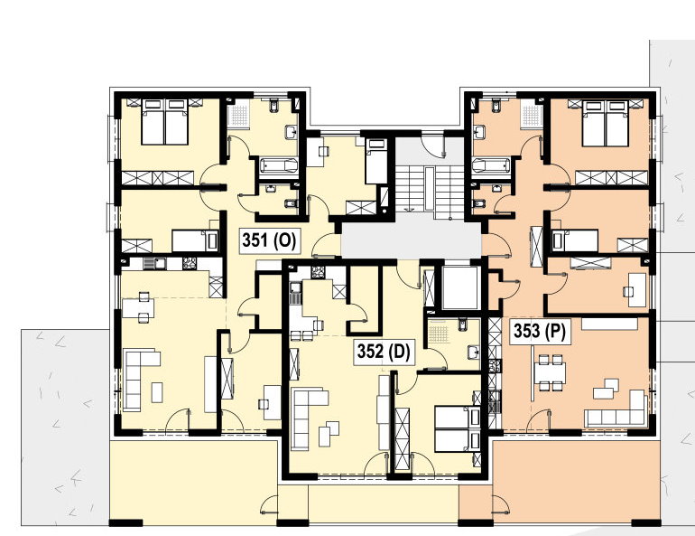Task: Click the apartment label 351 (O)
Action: coord(270,241)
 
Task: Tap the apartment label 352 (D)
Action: coord(385,352)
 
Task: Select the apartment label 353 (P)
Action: coord(540,331)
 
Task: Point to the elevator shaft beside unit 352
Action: coord(461,287)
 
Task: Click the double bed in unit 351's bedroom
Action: coord(165,122)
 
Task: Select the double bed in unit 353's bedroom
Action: coord(606,123)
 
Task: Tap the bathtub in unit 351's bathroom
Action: coord(279,166)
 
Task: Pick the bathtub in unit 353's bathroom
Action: coord(492,166)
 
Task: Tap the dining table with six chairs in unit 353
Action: coord(550,372)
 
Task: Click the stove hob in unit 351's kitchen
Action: coord(190,264)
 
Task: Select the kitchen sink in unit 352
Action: coord(296,293)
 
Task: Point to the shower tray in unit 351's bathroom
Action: coord(239,115)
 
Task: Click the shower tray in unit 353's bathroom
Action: coord(532,116)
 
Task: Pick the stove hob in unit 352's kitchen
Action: coord(318,272)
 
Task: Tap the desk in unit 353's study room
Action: coord(637,290)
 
